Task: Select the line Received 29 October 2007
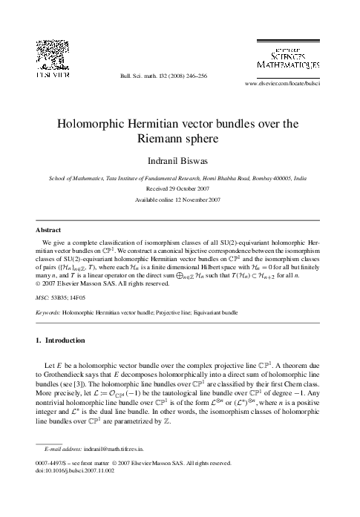(180, 188)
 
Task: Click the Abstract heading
(49, 230)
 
